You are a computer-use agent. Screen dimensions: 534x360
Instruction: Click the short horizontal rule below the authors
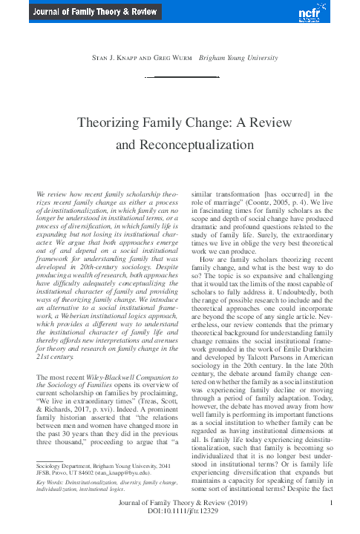179,76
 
